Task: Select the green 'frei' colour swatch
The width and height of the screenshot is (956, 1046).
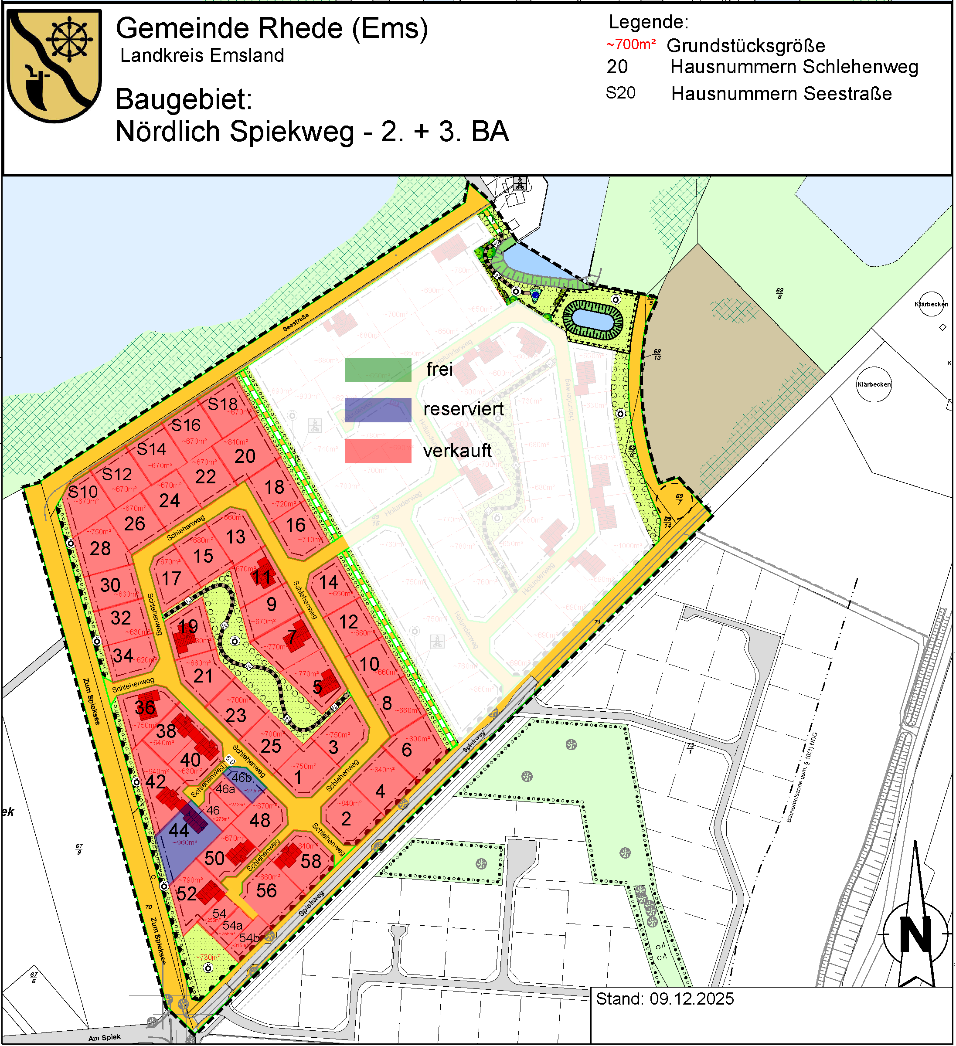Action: point(378,370)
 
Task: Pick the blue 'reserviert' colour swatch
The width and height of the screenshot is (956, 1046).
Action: point(378,410)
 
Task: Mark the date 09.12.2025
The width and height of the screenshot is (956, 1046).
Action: point(692,999)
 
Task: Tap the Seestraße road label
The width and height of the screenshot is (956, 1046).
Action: point(296,323)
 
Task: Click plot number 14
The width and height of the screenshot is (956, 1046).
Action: point(329,582)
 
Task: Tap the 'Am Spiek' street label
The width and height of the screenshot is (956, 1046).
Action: point(104,1037)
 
